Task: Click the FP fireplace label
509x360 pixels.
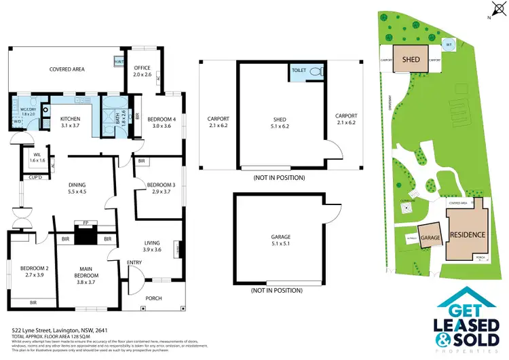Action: coord(86,222)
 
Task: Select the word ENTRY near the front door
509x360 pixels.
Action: coord(134,262)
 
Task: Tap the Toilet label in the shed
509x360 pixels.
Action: coord(299,71)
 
